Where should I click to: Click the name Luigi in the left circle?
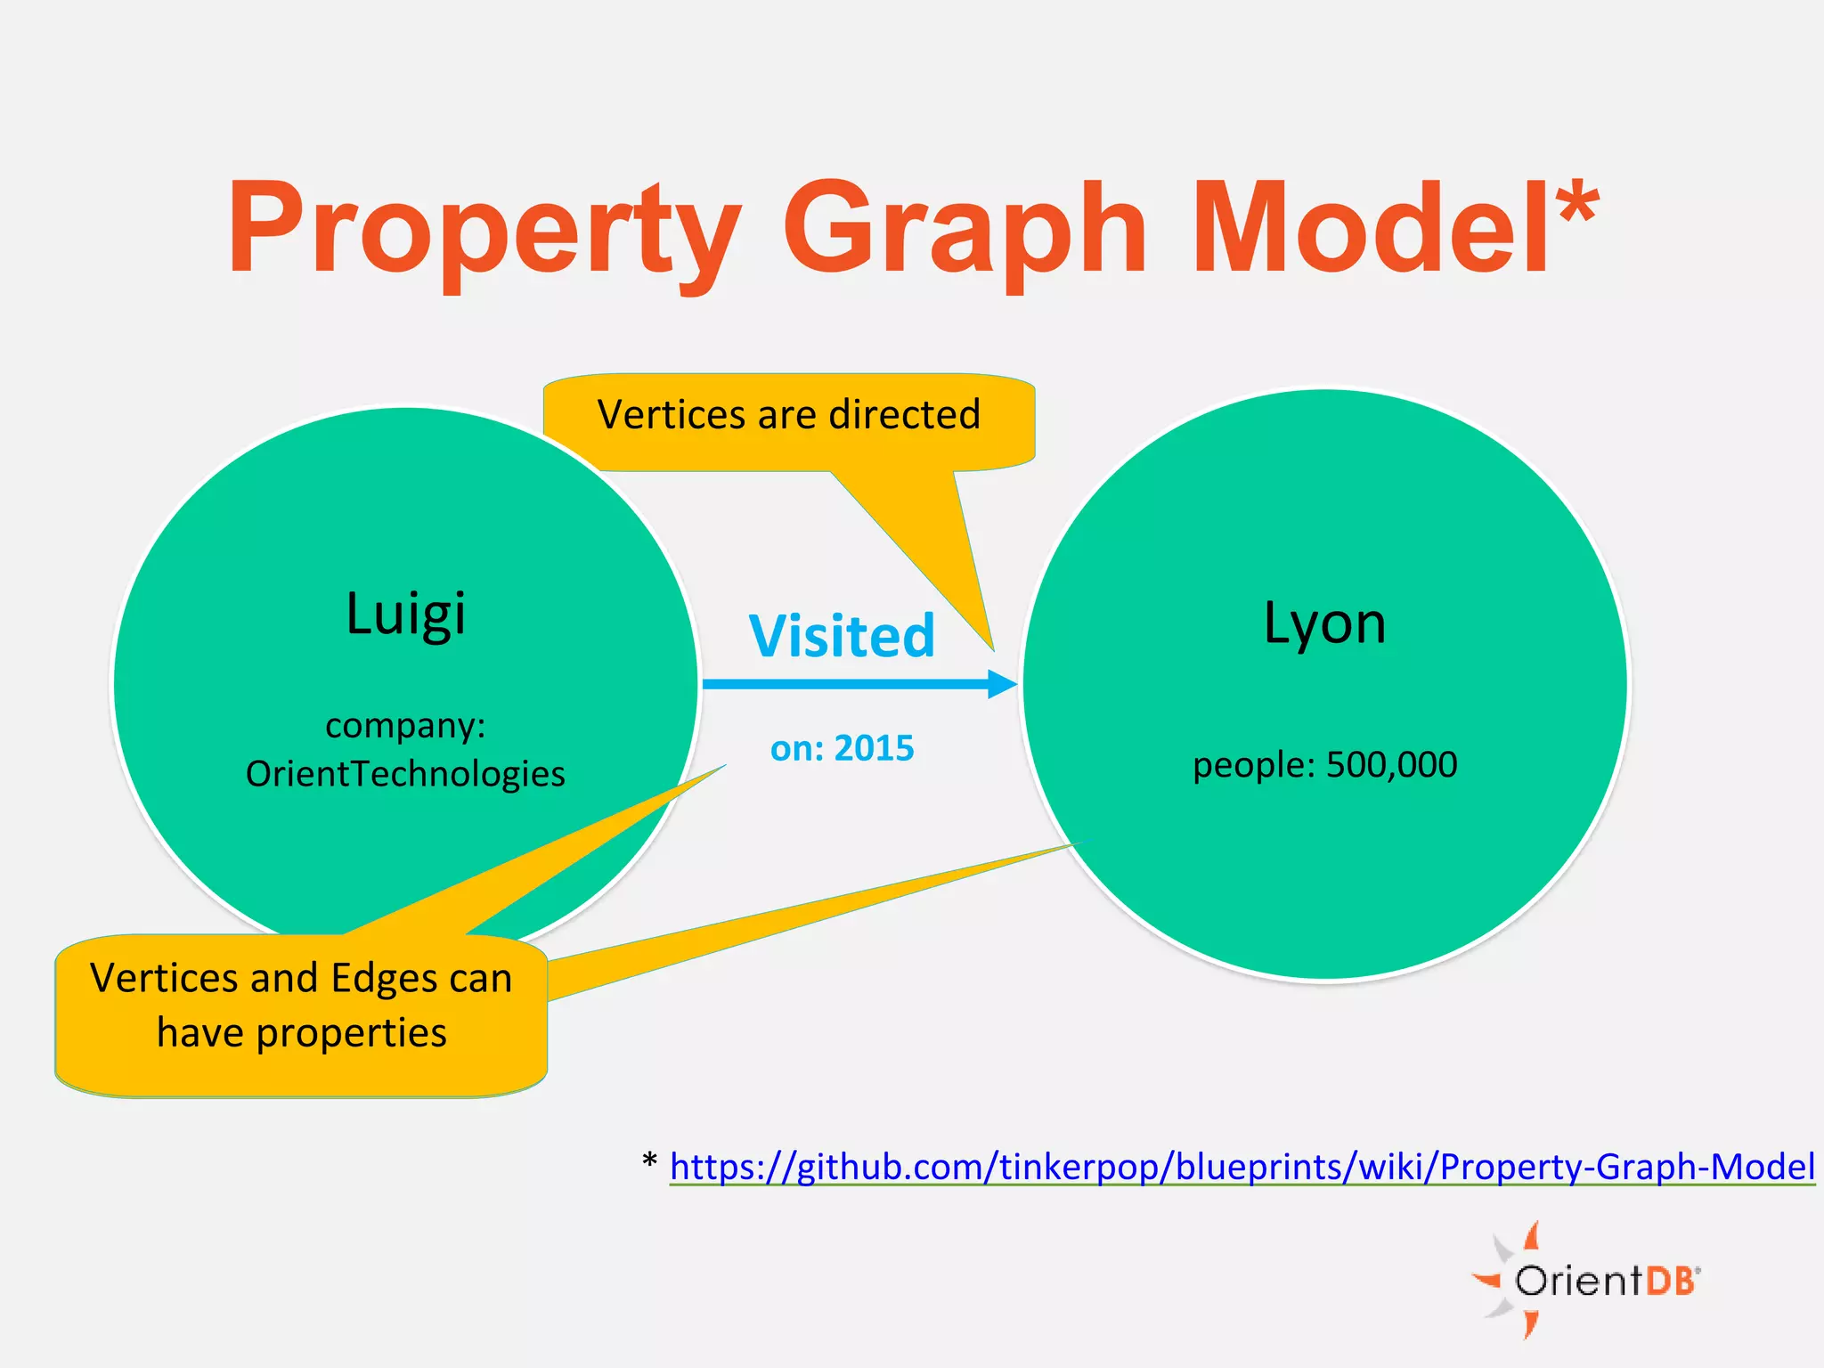405,614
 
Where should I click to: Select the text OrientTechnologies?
405,773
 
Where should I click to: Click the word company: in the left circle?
405,725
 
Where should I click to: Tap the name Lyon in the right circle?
1324,623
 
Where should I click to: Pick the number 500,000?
1391,764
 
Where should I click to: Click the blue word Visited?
842,636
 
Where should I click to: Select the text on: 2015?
842,748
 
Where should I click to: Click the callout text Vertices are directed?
788,415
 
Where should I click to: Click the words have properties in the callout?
301,1033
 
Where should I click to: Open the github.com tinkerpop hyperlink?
1242,1166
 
